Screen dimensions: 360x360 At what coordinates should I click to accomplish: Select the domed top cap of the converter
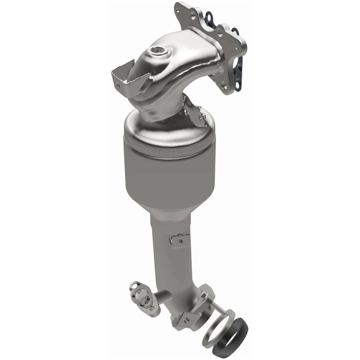point(170,127)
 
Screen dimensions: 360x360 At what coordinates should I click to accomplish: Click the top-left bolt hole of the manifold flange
point(179,8)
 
